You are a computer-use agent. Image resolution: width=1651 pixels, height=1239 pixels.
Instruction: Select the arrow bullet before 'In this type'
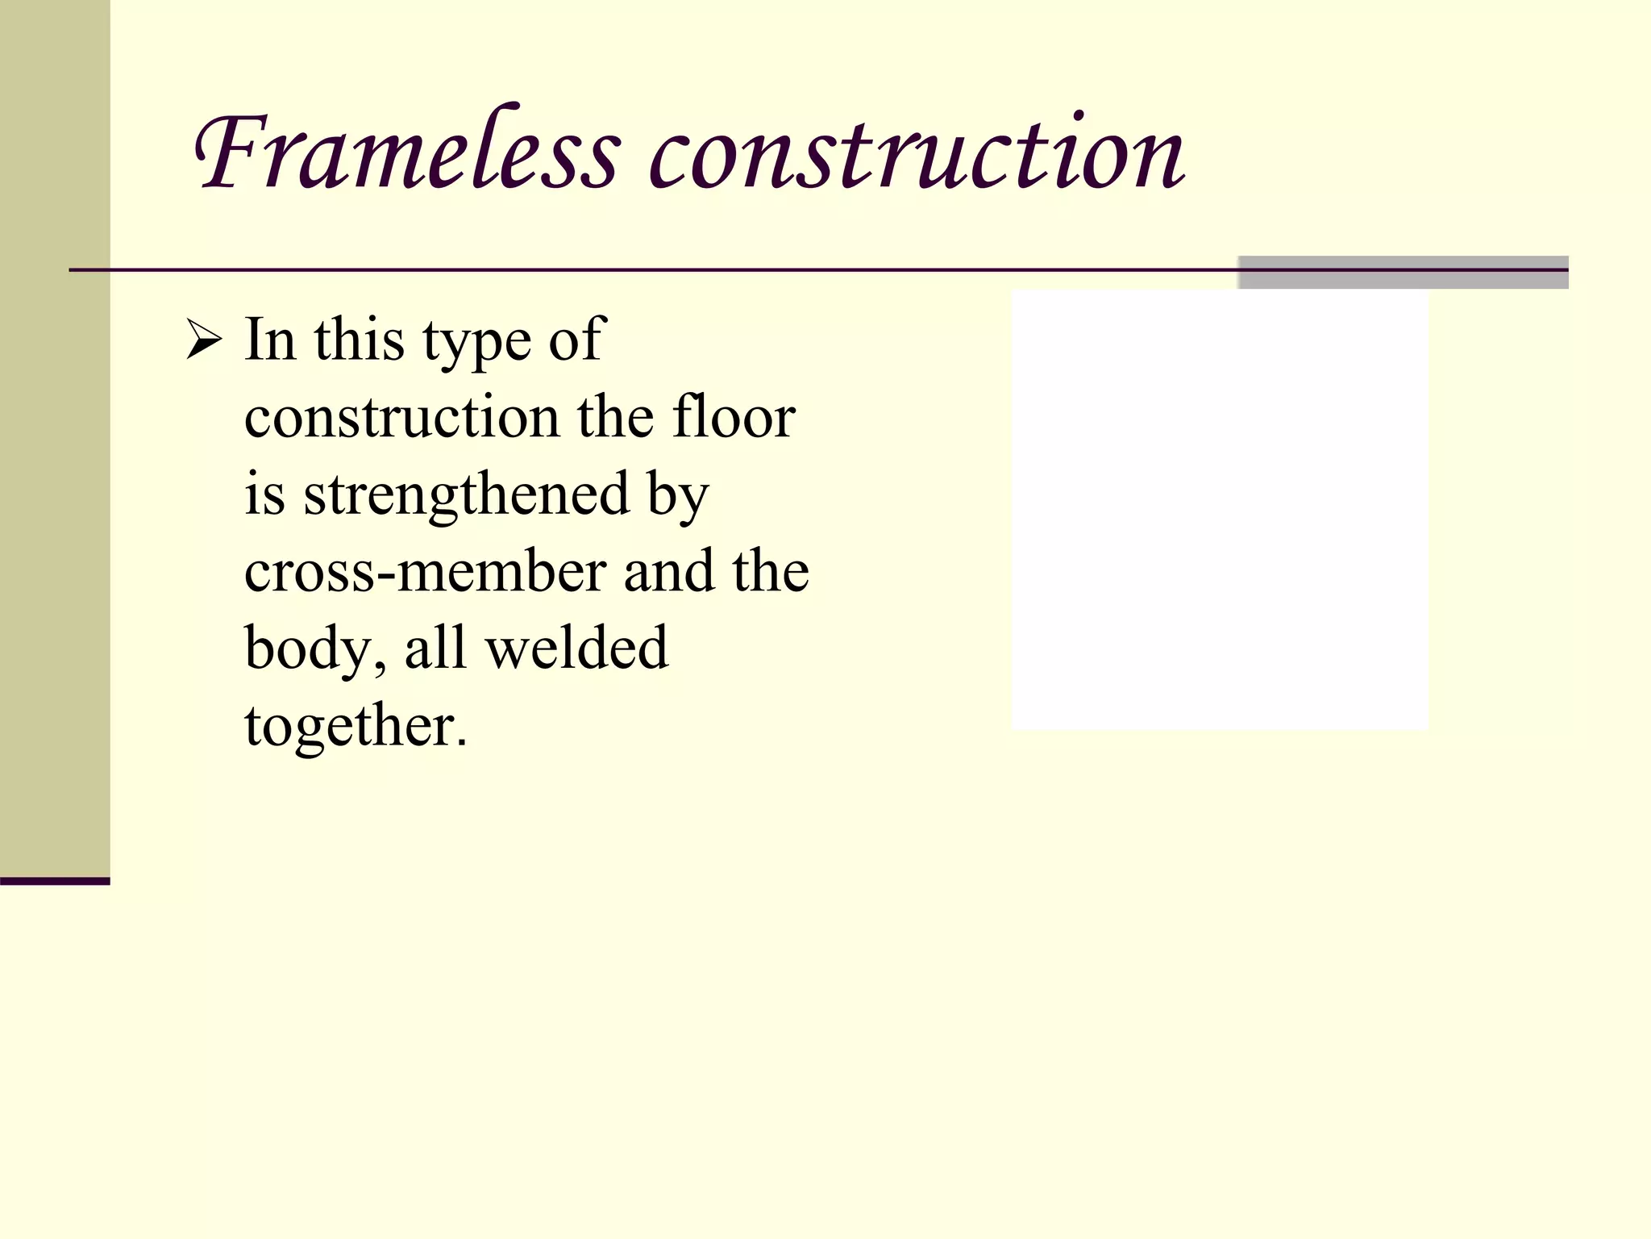(203, 340)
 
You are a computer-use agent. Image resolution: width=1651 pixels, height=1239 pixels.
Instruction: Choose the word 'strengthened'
(466, 494)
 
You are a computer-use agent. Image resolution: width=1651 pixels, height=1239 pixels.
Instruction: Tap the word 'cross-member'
(425, 571)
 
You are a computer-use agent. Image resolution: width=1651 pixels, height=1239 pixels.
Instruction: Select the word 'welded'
(577, 647)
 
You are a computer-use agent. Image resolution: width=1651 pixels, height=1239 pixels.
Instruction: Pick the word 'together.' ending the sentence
(356, 726)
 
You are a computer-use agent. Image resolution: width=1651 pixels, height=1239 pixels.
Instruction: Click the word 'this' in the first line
(359, 340)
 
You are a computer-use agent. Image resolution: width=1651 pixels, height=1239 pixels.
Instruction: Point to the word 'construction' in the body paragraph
(401, 418)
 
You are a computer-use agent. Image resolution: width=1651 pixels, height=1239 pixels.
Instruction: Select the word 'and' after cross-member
(668, 571)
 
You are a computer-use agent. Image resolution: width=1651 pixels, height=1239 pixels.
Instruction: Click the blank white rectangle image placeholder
(1219, 510)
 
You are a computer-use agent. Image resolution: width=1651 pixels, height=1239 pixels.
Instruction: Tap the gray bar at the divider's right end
(1403, 272)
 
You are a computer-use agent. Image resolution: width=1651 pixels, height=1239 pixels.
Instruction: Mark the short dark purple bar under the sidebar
(55, 881)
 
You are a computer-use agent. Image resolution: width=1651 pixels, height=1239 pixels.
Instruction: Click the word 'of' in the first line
(576, 340)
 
